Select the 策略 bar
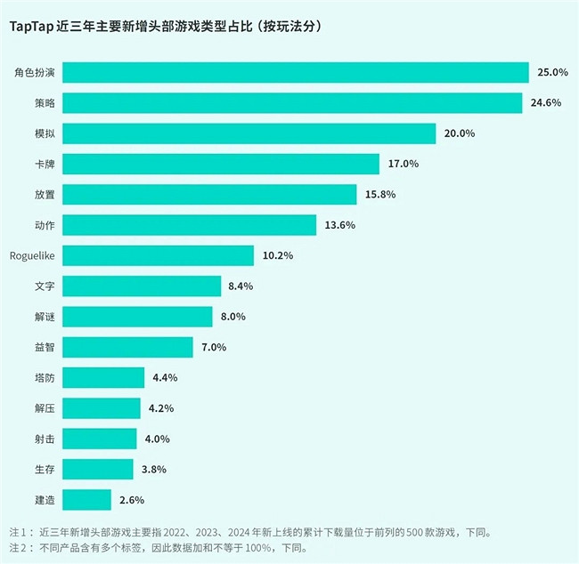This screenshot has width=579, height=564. pyautogui.click(x=292, y=103)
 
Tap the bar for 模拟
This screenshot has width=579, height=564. pyautogui.click(x=249, y=133)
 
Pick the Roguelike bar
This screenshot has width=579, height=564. pyautogui.click(x=159, y=255)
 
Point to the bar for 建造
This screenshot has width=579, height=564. pyautogui.click(x=87, y=500)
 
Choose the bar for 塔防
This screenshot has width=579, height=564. pyautogui.click(x=103, y=378)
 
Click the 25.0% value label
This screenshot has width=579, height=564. pyautogui.click(x=550, y=72)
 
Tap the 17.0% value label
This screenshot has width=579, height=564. pyautogui.click(x=403, y=164)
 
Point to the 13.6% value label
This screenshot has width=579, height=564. pyautogui.click(x=339, y=225)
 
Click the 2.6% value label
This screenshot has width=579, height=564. pyautogui.click(x=130, y=500)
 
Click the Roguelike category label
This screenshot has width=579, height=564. pyautogui.click(x=33, y=255)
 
